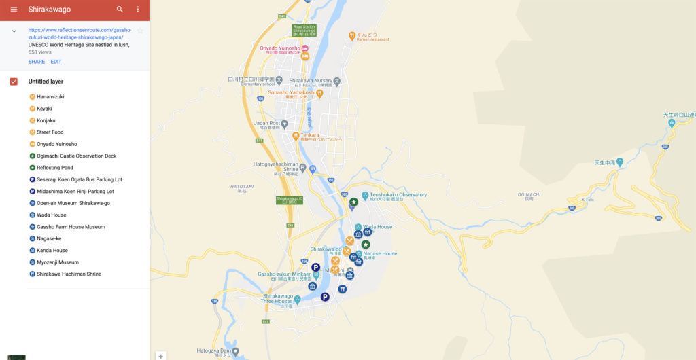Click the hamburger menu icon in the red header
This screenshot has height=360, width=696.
click(14, 10)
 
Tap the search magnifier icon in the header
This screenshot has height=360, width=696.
click(120, 10)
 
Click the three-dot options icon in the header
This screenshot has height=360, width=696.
click(138, 10)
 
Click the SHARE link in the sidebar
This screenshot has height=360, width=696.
click(37, 62)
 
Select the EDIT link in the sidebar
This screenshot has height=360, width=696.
click(56, 62)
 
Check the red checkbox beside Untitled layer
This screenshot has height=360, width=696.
click(14, 82)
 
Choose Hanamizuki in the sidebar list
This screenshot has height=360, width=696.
click(50, 96)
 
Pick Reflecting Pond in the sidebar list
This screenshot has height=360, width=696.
click(55, 168)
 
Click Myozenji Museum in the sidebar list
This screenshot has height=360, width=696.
click(57, 262)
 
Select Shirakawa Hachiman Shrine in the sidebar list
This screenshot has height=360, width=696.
click(69, 274)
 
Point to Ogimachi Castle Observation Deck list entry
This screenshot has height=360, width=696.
click(76, 156)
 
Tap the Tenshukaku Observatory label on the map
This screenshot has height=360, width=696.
click(398, 195)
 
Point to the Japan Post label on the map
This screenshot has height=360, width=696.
click(266, 123)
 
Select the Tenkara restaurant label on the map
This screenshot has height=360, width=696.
click(306, 135)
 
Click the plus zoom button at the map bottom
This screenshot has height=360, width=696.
click(161, 356)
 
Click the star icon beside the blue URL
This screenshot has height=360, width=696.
click(140, 31)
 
